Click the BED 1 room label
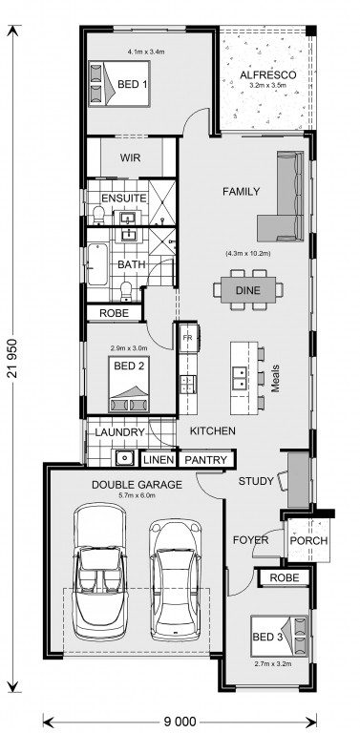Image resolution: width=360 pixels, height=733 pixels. click(133, 85)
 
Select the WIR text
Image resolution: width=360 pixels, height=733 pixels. click(130, 157)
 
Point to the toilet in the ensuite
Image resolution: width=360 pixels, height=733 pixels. click(98, 216)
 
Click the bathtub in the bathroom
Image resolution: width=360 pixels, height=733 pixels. click(97, 264)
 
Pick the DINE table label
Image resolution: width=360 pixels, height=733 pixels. click(247, 290)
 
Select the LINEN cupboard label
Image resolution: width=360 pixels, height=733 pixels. click(159, 460)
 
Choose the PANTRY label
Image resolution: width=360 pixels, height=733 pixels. click(205, 460)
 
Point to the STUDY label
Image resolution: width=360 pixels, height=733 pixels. click(256, 481)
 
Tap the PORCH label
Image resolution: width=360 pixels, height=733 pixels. click(308, 541)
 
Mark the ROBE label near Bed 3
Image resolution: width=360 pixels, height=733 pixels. click(285, 577)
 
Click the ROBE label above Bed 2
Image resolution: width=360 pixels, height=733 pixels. click(114, 313)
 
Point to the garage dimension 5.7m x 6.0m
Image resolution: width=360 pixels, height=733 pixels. click(137, 495)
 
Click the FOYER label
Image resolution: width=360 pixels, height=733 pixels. click(250, 540)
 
